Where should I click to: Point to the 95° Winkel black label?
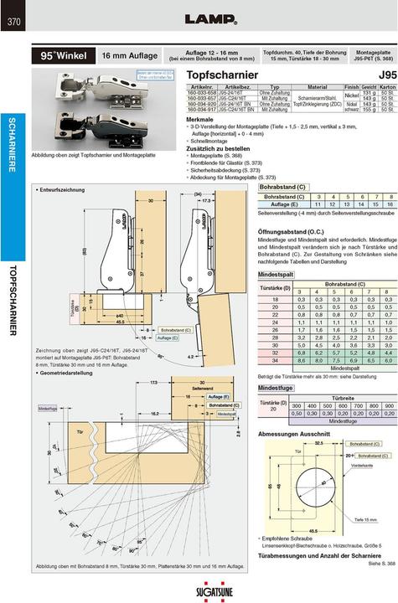[62, 56]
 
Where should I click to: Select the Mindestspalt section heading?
[277, 275]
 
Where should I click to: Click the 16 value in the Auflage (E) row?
[372, 204]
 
